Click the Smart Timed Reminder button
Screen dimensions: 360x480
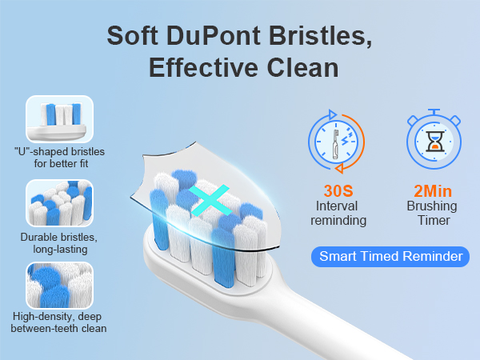pos(390,257)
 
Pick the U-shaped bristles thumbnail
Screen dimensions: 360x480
pos(60,118)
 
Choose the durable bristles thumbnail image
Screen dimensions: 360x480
pos(60,202)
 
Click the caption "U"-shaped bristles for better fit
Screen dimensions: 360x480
pos(59,158)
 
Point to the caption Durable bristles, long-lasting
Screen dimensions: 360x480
pos(60,243)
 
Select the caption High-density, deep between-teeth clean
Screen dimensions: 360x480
pos(60,322)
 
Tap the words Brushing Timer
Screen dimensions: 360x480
pos(433,214)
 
